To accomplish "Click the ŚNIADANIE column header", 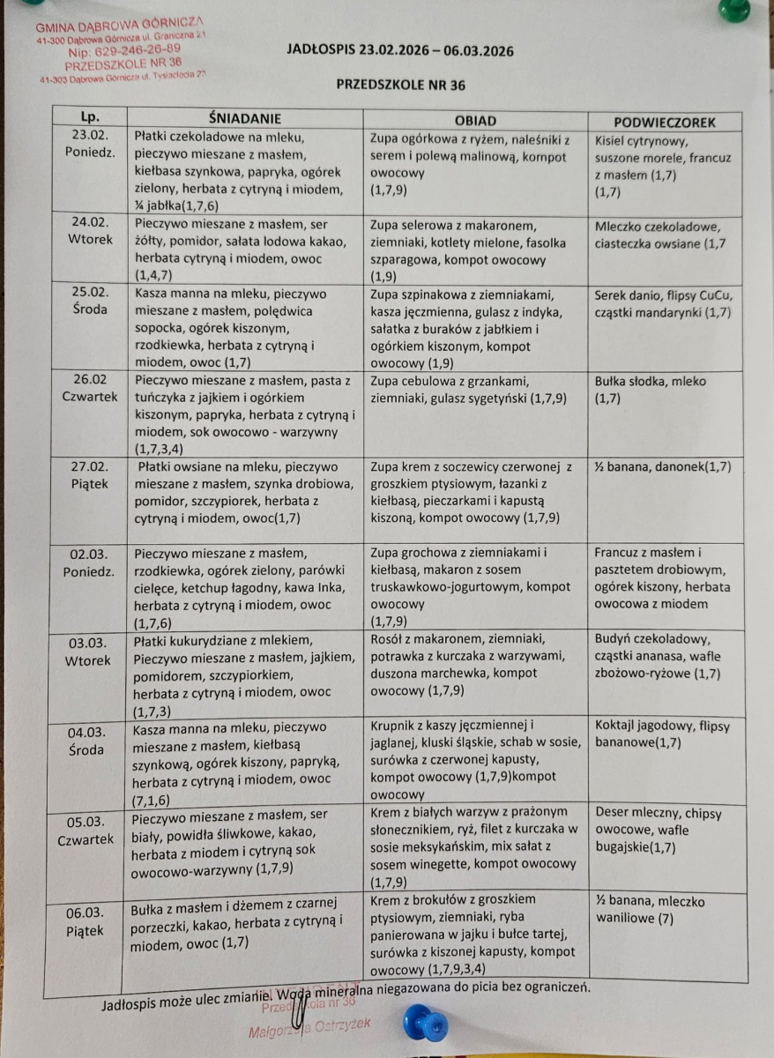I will pyautogui.click(x=243, y=118).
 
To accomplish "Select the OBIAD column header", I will pyautogui.click(x=475, y=121).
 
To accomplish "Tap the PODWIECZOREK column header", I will pyautogui.click(x=664, y=123).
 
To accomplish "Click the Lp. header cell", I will pyautogui.click(x=89, y=116).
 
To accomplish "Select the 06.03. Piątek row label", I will pyautogui.click(x=85, y=921).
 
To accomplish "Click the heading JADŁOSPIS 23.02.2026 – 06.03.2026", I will pyautogui.click(x=400, y=49).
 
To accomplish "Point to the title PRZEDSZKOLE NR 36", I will pyautogui.click(x=400, y=85).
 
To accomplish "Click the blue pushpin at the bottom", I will pyautogui.click(x=425, y=1025).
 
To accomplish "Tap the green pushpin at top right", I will pyautogui.click(x=733, y=9).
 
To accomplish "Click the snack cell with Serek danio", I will pyautogui.click(x=666, y=303).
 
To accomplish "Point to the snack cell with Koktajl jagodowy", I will pyautogui.click(x=668, y=734).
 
